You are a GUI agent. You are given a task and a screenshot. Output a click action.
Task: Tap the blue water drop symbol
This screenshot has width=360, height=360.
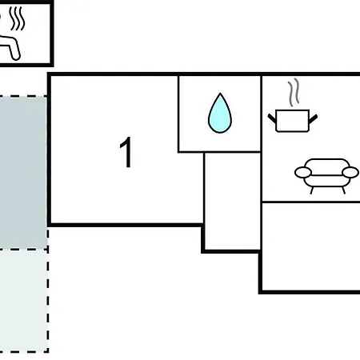pos(220,114)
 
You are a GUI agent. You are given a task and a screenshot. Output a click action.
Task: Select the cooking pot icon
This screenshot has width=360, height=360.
pos(293,121)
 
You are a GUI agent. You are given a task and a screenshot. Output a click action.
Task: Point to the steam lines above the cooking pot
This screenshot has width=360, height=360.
pos(294,92)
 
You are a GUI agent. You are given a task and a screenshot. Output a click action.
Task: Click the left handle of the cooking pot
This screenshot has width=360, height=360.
pos(272,118)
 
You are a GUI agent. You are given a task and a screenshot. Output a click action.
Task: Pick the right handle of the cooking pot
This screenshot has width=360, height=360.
pos(313,119)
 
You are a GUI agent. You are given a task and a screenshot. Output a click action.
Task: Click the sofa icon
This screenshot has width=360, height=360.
pos(326,176)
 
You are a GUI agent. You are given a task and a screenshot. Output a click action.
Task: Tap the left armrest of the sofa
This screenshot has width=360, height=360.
pos(302,172)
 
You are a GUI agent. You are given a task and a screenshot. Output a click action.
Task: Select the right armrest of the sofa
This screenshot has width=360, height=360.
pos(350,172)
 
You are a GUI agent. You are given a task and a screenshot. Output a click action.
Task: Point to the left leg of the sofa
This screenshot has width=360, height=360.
pos(312,190)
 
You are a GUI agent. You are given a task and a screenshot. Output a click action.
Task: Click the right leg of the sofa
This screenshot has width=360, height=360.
pos(343,190)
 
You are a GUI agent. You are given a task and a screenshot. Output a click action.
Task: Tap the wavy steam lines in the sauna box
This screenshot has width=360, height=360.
pos(17,18)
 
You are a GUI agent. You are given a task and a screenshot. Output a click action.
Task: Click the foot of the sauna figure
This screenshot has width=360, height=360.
pos(16,56)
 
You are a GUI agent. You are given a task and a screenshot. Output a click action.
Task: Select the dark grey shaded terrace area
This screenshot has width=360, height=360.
pos(23,172)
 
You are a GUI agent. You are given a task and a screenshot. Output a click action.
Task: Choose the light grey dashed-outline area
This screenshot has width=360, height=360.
pos(24,301)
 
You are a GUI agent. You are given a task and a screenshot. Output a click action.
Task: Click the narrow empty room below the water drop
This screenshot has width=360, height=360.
pos(232,201)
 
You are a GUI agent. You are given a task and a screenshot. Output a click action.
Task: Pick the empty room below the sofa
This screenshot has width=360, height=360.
pos(311,246)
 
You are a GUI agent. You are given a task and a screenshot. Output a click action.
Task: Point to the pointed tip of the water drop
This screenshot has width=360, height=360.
pos(220,94)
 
